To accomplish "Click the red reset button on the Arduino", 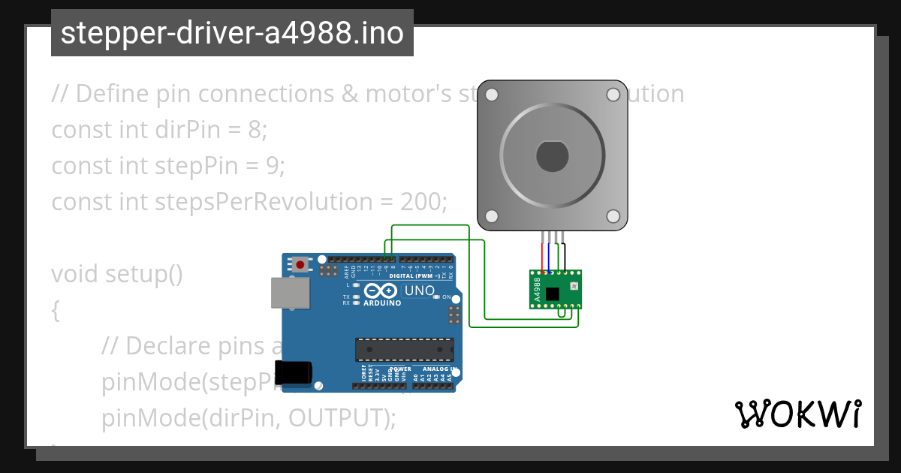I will (x=301, y=264).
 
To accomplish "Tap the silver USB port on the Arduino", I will (x=290, y=293).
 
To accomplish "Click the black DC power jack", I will (x=294, y=373).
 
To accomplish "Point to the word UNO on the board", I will (x=419, y=291).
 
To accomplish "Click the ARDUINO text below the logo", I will (x=382, y=303).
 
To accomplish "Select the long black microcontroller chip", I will (x=405, y=349).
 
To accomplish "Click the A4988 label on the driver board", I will (x=537, y=290).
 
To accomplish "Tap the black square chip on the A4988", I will (x=553, y=294).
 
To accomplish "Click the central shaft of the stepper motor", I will (x=553, y=155).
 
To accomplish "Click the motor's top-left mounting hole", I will (x=492, y=95).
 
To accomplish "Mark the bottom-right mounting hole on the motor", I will (x=613, y=216).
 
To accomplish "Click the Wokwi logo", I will (x=797, y=414).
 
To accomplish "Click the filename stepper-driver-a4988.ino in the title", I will (x=232, y=33).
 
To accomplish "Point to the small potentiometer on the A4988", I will (x=574, y=286).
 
